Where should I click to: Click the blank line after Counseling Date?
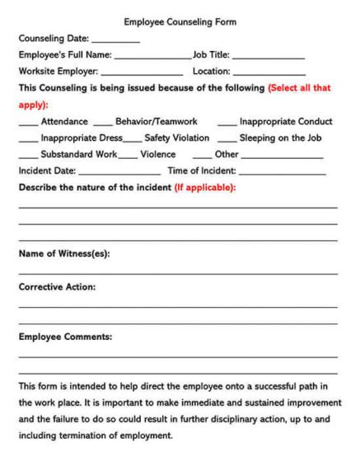[x=115, y=40]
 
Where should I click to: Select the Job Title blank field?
[x=269, y=58]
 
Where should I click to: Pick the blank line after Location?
[x=269, y=75]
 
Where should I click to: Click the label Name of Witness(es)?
[x=64, y=254]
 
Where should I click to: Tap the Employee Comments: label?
[x=65, y=337]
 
